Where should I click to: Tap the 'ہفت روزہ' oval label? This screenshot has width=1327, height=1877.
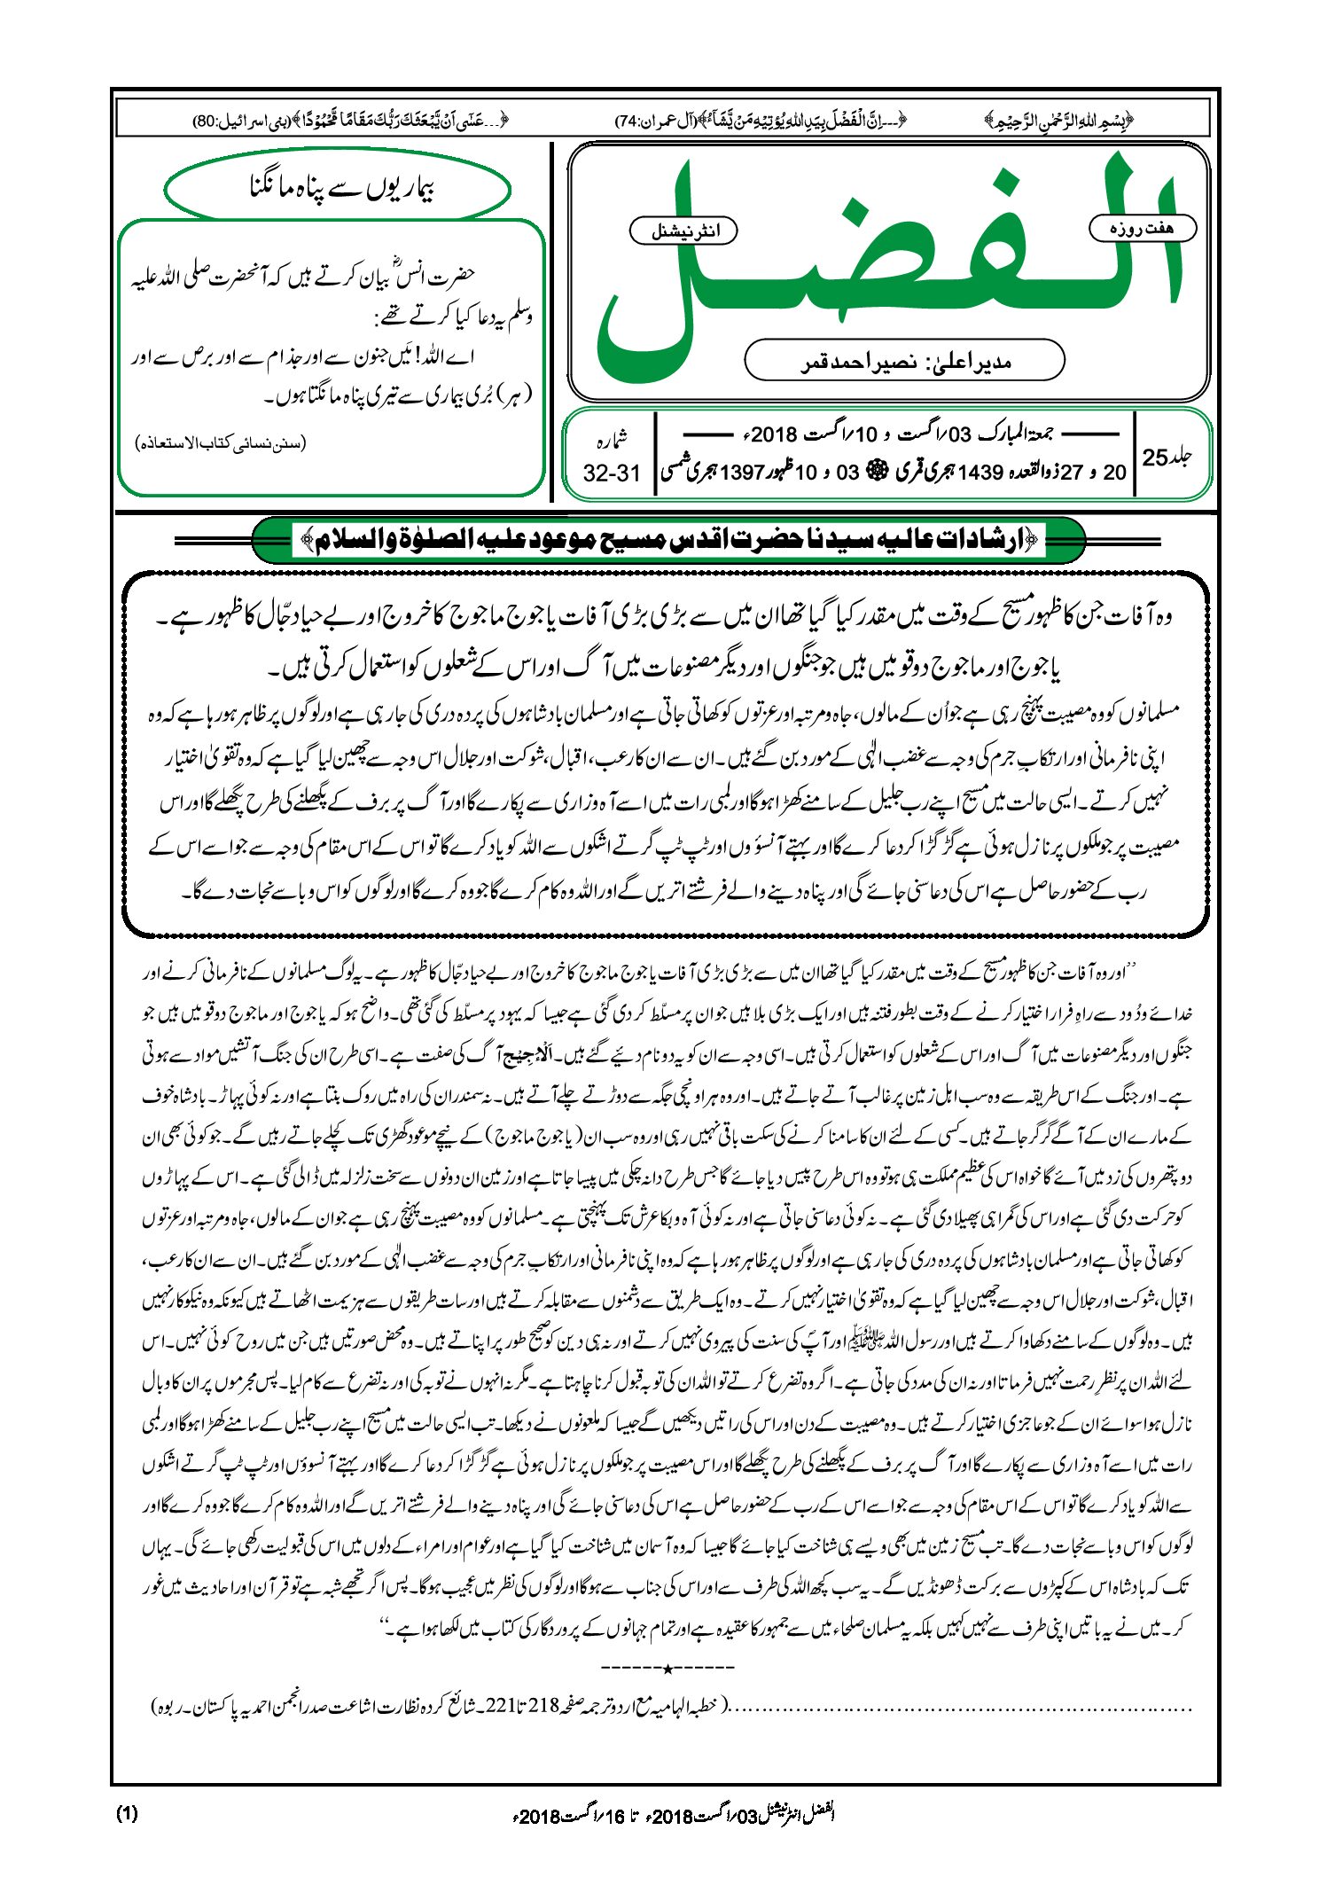coord(1142,229)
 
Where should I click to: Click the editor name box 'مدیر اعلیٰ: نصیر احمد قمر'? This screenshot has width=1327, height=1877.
coord(904,361)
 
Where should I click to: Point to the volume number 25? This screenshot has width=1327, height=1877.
coord(1155,458)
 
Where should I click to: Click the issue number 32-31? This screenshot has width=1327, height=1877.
coord(611,473)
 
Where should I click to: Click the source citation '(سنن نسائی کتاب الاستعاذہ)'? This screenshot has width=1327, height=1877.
coord(220,442)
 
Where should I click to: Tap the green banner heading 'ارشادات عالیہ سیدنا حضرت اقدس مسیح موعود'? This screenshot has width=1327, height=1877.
coord(669,540)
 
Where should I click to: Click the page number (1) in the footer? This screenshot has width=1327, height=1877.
coord(127,1813)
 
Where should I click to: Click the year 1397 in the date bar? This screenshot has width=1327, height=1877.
coord(741,473)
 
